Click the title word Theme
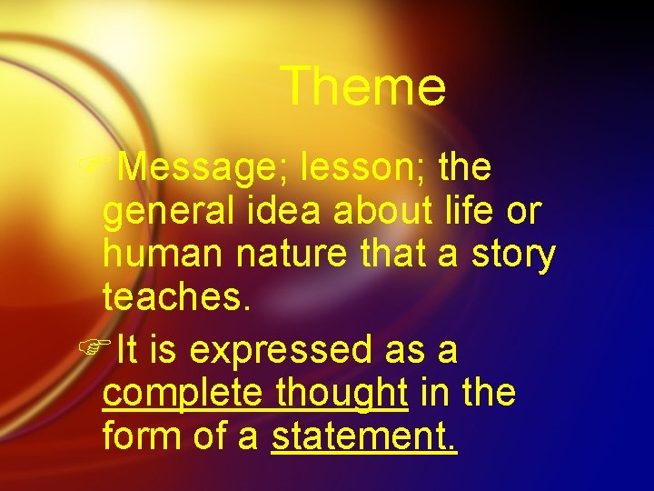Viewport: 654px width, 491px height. (x=363, y=87)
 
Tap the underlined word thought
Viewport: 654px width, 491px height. (x=341, y=395)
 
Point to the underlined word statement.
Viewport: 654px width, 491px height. (x=364, y=438)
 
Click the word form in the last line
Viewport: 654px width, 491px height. (x=143, y=438)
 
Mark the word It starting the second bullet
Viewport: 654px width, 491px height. (x=128, y=349)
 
